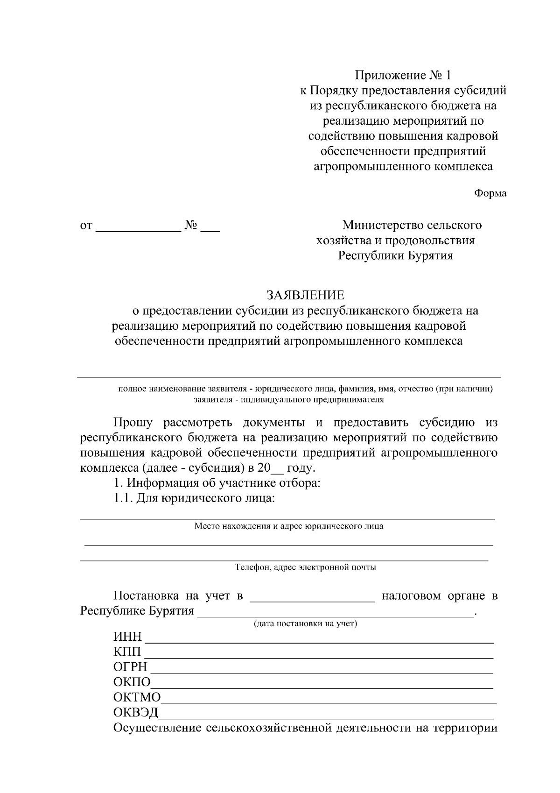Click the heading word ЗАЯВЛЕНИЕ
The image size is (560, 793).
pos(305,295)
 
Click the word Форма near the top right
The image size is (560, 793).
pos(490,193)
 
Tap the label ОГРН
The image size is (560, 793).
pos(130,666)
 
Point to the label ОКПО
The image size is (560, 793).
pos(132,682)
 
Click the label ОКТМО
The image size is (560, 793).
pos(137,697)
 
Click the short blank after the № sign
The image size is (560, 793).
pos(210,227)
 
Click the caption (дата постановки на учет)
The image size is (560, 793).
pos(305,623)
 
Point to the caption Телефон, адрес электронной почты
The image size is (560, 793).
pos(305,567)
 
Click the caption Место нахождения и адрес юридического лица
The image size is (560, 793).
pos(289,526)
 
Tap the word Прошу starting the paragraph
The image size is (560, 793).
pos(133,423)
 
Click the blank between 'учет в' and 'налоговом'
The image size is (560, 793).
pos(312,597)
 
